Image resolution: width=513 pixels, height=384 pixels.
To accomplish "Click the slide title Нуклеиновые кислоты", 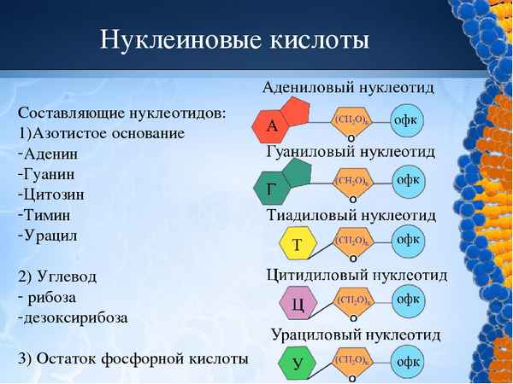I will pyautogui.click(x=234, y=40).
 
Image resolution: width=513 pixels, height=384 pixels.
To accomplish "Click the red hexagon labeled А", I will pyautogui.click(x=273, y=127).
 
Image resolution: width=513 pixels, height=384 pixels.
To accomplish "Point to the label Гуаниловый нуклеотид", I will pyautogui.click(x=351, y=152).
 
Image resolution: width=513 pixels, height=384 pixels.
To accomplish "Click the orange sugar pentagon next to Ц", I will pyautogui.click(x=352, y=300).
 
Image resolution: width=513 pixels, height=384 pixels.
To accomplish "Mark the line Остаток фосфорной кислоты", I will pyautogui.click(x=132, y=358).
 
